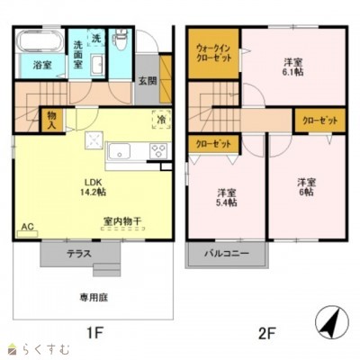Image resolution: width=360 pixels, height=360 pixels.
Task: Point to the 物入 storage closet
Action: [51, 119]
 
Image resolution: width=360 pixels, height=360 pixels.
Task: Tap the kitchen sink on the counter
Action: [123, 150]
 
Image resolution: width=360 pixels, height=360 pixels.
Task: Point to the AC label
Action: [27, 226]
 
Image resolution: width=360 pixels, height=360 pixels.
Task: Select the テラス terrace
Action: [79, 254]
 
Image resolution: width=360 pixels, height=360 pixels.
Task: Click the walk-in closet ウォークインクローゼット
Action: [213, 53]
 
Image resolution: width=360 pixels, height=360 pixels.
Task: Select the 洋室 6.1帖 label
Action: [292, 67]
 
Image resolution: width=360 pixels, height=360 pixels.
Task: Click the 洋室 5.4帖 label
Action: [226, 198]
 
